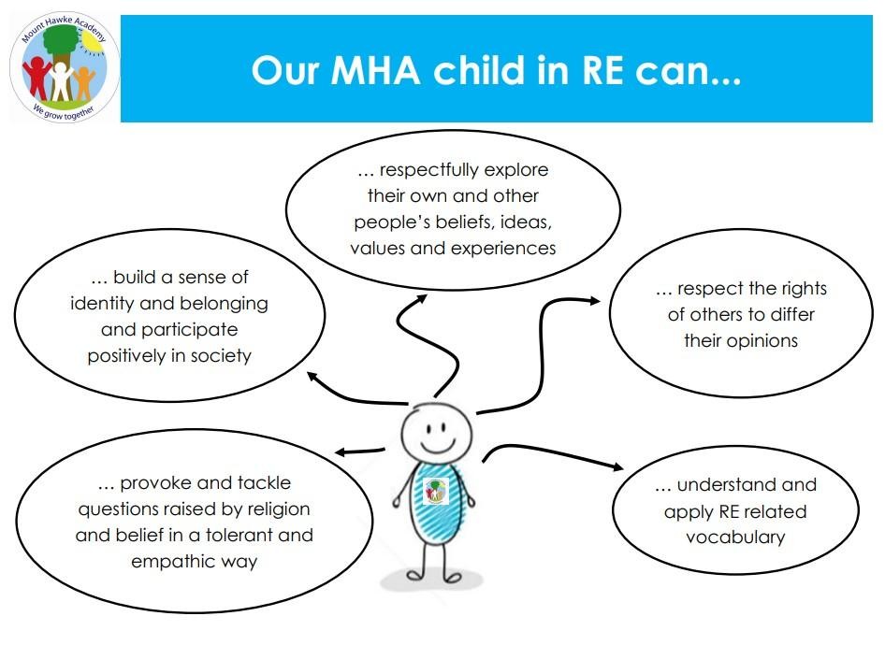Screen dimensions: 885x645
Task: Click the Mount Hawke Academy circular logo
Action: click(x=65, y=67)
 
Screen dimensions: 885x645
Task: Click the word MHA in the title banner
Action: click(x=376, y=70)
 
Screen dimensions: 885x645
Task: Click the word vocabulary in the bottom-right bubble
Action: click(x=735, y=537)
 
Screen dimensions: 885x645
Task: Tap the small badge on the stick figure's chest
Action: click(x=435, y=491)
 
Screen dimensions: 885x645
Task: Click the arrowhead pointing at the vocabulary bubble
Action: click(x=618, y=466)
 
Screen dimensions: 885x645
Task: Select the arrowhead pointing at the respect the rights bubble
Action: click(x=595, y=301)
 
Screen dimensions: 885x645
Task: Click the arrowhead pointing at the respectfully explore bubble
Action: click(x=421, y=298)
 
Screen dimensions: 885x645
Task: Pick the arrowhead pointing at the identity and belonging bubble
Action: click(x=312, y=377)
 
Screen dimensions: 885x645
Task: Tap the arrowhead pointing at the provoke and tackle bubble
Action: click(x=341, y=452)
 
